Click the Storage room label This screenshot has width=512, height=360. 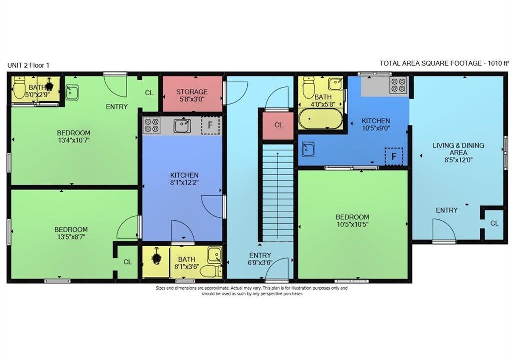click(x=192, y=92)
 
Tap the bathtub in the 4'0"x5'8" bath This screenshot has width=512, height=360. click(x=320, y=119)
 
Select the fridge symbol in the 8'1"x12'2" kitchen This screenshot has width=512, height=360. click(x=210, y=125)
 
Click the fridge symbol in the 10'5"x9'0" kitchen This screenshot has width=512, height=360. click(x=394, y=157)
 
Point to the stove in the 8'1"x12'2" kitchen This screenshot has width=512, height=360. click(x=152, y=126)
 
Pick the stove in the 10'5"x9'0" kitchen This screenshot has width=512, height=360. click(x=399, y=85)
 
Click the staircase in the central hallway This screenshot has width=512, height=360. click(x=278, y=192)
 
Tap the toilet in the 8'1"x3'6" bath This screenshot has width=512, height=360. click(x=211, y=271)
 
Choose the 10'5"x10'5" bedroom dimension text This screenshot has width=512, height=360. click(x=352, y=225)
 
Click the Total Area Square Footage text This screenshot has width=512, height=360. click(x=444, y=63)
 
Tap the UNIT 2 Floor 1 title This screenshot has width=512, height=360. click(x=28, y=65)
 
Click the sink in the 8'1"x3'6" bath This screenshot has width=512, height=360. click(x=215, y=255)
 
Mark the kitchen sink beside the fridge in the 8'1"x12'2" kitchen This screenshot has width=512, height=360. click(x=182, y=126)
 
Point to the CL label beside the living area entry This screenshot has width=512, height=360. click(x=494, y=223)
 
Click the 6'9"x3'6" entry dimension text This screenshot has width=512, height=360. click(x=260, y=263)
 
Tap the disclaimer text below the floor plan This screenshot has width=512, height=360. click(x=252, y=291)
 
